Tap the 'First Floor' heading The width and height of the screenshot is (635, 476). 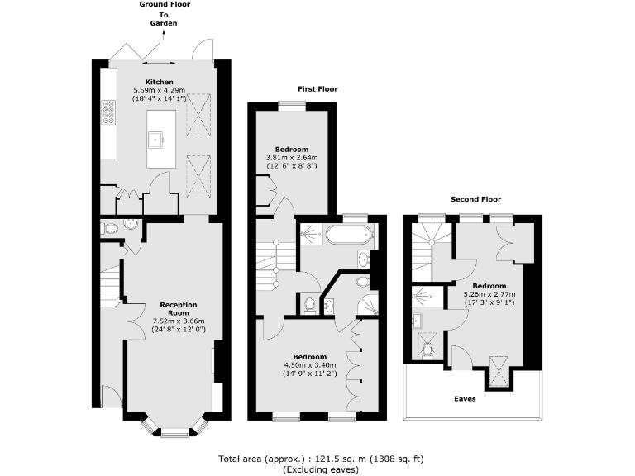click(317, 89)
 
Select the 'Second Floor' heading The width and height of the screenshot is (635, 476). click(475, 199)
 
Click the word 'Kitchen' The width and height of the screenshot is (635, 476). click(160, 82)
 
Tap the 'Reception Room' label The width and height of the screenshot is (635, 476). click(179, 308)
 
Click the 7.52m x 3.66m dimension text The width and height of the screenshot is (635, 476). click(179, 321)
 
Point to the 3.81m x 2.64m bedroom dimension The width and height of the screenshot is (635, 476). click(291, 158)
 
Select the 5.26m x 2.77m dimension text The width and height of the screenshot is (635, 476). click(489, 294)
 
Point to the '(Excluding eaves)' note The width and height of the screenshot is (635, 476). click(321, 469)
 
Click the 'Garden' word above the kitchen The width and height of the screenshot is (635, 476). click(164, 24)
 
